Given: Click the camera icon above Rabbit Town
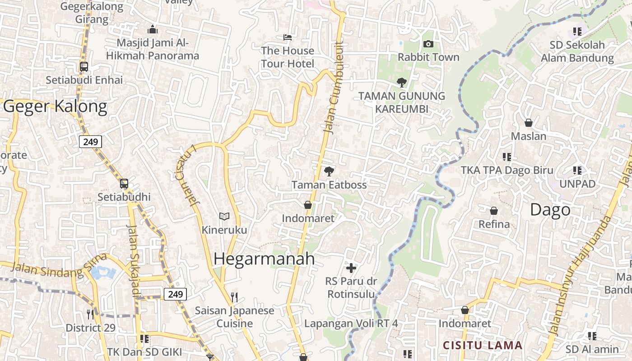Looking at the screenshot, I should click(428, 44).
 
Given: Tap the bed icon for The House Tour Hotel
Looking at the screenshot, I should click(287, 37).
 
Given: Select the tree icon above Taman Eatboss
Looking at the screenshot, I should click(329, 171).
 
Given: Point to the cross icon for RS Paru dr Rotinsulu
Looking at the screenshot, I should click(351, 268).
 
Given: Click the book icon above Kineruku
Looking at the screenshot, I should click(224, 217).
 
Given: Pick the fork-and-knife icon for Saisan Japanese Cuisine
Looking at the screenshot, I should click(234, 297).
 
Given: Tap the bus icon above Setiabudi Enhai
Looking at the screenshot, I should click(84, 67).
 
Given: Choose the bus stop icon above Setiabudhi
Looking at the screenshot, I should click(124, 184).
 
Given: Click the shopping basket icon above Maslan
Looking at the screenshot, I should click(528, 123).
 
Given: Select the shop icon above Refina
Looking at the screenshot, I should click(494, 211).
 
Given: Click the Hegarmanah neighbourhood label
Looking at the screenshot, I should click(264, 259).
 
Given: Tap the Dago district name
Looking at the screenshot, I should click(550, 210).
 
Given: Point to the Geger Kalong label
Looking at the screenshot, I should click(55, 106).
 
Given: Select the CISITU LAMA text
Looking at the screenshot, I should click(482, 346).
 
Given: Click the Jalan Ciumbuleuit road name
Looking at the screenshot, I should click(334, 88).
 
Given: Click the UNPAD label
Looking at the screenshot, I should click(577, 184).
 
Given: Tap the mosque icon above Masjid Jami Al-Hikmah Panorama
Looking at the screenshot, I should click(153, 30).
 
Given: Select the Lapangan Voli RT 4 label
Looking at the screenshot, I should click(351, 324).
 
